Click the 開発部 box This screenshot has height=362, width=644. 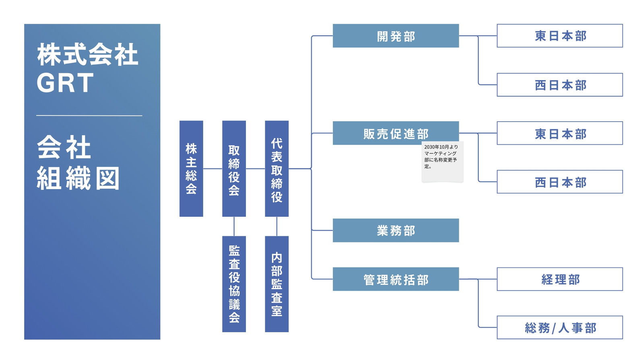pos(396,36)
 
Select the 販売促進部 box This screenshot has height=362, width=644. pos(396,133)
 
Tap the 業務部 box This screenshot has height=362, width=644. pos(396,230)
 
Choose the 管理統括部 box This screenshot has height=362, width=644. pos(396,279)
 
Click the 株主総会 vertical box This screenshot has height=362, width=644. pos(191,169)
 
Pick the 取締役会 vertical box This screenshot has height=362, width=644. pos(234,169)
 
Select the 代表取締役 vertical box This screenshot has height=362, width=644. pos(277,169)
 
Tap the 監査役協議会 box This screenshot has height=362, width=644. pos(234,284)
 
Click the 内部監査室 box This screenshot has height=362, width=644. pos(277,284)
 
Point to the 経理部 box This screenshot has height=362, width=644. pos(560,279)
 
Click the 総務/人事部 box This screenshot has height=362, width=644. pos(560,327)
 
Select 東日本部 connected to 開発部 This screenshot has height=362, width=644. pos(560,36)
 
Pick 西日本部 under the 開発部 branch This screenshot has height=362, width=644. pos(560,85)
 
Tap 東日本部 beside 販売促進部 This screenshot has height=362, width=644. pos(560,133)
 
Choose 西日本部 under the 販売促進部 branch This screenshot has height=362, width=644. pos(560,181)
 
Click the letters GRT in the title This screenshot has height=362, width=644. pos(65,83)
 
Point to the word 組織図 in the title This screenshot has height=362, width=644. pos(78,178)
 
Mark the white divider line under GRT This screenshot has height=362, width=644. pos(89,115)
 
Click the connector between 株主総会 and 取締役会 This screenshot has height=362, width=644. pos(213,169)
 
